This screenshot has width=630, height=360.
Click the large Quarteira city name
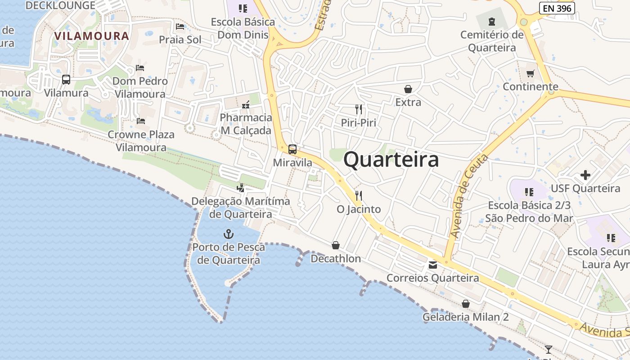tap(391, 160)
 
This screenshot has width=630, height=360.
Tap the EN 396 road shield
tap(557, 8)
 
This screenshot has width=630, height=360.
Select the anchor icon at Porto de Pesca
tap(229, 234)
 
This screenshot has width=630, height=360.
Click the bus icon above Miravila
tap(292, 149)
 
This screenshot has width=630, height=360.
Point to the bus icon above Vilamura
tap(66, 80)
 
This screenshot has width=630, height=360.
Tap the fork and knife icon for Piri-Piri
tap(359, 109)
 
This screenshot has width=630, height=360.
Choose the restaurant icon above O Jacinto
tap(359, 196)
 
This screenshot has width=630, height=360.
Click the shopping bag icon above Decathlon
tap(336, 245)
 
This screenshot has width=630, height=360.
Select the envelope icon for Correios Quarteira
tap(433, 265)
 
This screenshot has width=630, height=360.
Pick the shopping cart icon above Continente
tap(531, 73)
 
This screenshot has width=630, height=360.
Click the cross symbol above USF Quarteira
tap(585, 175)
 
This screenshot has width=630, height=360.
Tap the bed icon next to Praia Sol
tap(180, 27)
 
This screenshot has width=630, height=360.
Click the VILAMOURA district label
tap(91, 36)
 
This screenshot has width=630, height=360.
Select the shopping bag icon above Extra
tap(408, 89)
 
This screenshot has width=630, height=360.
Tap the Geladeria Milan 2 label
tap(465, 317)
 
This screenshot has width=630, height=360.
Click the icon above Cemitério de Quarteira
tap(491, 21)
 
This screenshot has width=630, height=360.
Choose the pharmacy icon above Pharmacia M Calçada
tap(246, 105)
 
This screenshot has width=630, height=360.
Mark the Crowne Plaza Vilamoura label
tap(141, 141)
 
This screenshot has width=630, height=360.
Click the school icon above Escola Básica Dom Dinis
tap(243, 8)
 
